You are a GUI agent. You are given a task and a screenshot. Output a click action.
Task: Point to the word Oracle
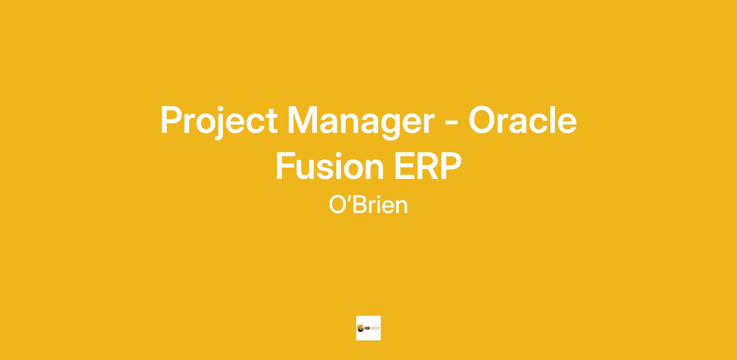pyautogui.click(x=522, y=120)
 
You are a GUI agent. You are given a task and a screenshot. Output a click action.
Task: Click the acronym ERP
pyautogui.click(x=428, y=166)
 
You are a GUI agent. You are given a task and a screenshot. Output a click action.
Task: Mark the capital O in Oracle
pyautogui.click(x=483, y=120)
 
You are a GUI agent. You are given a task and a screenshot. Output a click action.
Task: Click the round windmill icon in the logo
pyautogui.click(x=361, y=328)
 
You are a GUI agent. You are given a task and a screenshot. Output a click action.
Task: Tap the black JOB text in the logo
pyautogui.click(x=368, y=328)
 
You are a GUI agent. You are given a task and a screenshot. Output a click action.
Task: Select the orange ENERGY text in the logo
pyautogui.click(x=376, y=328)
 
